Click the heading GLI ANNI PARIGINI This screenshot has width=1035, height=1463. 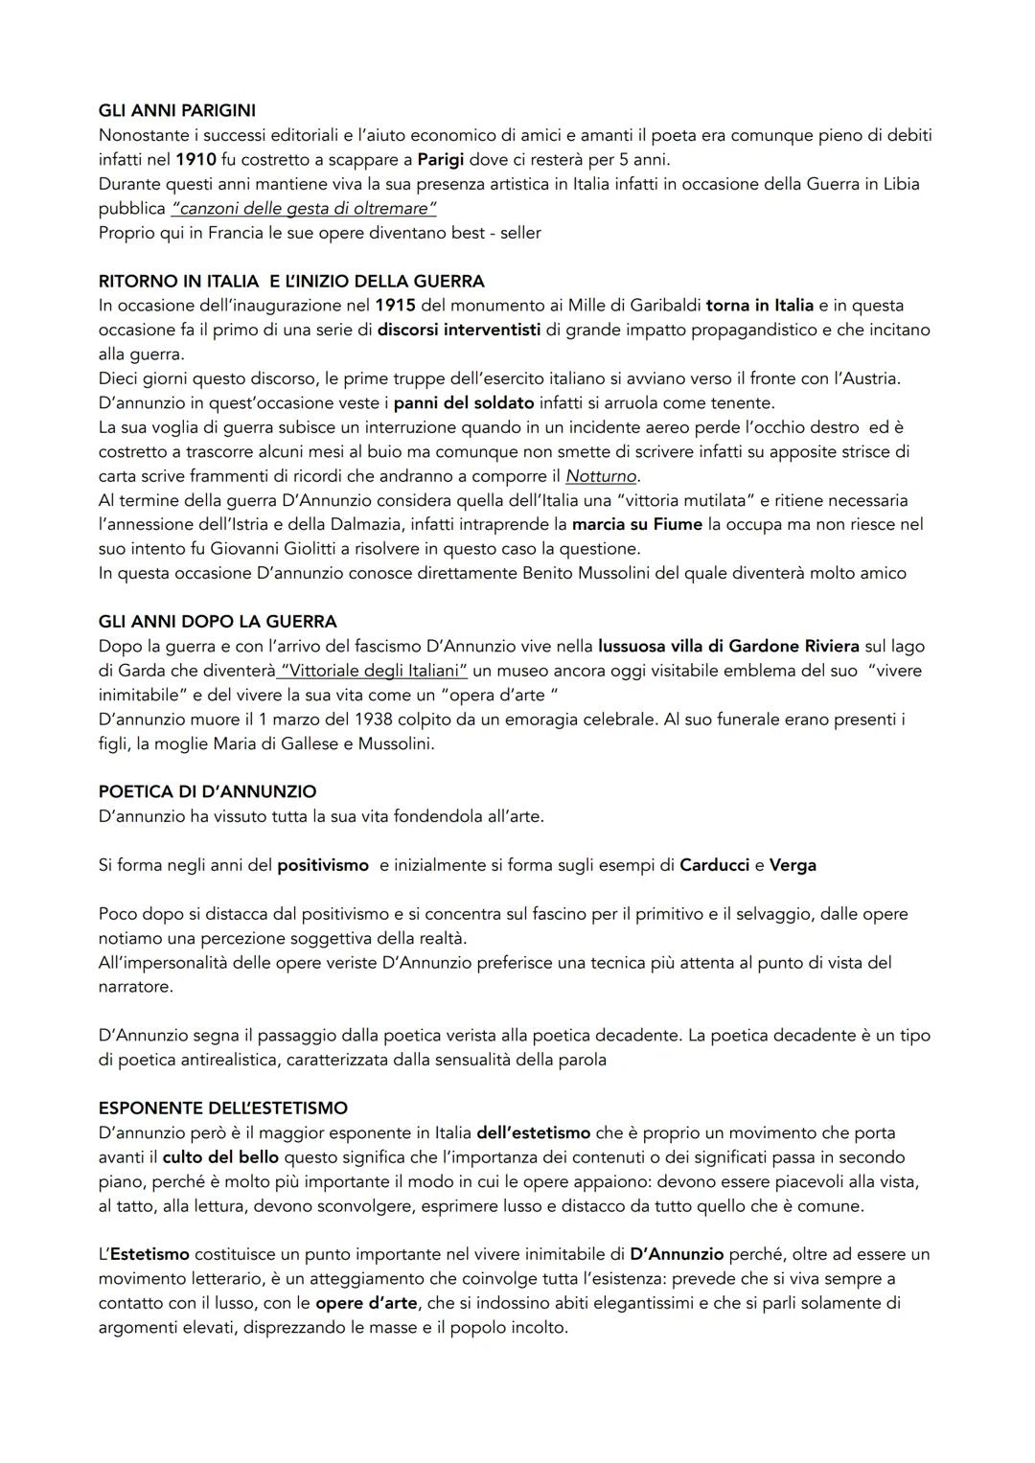[176, 111]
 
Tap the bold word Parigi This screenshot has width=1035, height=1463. [441, 159]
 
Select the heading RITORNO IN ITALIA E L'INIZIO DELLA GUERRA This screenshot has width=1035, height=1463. [291, 281]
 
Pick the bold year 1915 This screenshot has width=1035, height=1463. [395, 306]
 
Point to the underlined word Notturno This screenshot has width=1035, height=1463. [602, 476]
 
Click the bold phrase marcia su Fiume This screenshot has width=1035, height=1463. [639, 524]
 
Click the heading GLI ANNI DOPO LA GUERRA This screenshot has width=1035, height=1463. [218, 622]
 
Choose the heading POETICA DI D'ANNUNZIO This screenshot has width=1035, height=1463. [207, 791]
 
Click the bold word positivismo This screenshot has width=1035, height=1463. [323, 865]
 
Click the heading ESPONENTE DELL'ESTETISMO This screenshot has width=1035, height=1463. [222, 1108]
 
